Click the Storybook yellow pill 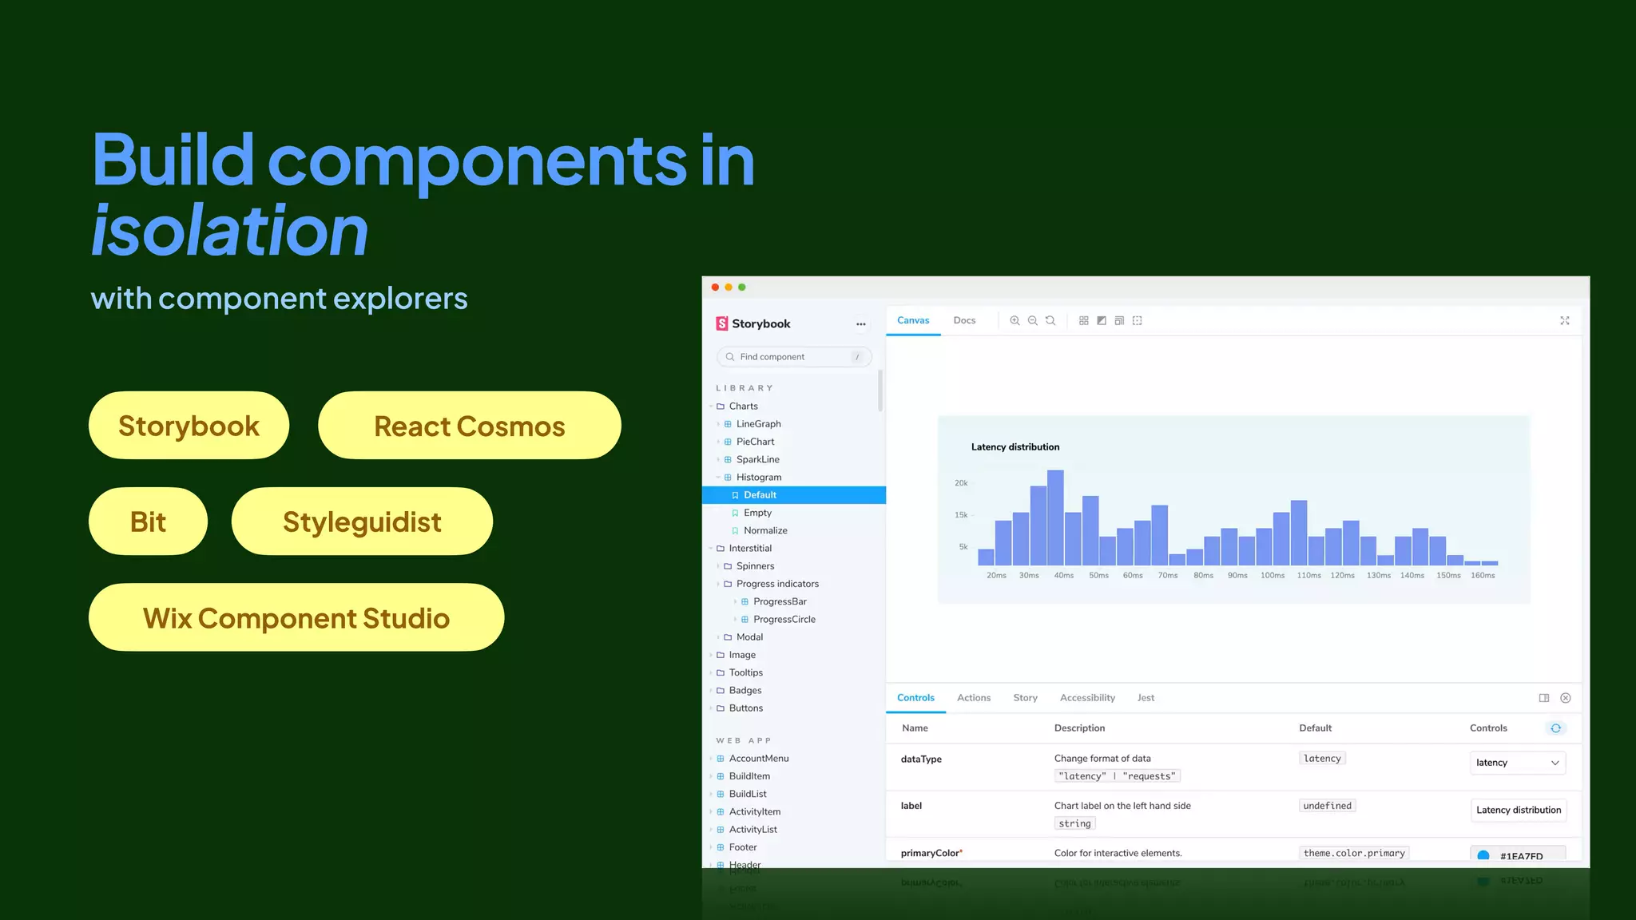(189, 426)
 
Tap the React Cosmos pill (469, 426)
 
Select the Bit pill (148, 521)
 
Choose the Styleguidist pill (362, 521)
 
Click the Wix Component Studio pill (296, 617)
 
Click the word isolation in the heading (230, 231)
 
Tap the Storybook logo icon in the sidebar (721, 323)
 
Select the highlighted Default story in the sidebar (760, 495)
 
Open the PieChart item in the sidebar (755, 442)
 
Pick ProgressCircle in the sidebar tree (784, 619)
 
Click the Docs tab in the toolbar (964, 320)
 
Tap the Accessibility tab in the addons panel (1087, 698)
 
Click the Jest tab (1146, 698)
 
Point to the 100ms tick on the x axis (1273, 575)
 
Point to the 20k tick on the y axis (961, 483)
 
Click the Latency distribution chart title (1015, 447)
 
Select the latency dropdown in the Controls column (1517, 763)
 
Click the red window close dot (715, 287)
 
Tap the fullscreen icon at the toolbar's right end (1565, 320)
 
